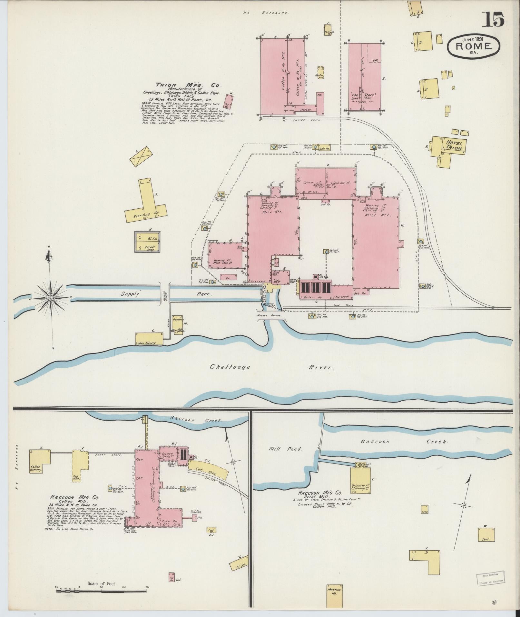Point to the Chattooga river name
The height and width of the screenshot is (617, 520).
point(230,367)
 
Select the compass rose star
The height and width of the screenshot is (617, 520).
point(50,298)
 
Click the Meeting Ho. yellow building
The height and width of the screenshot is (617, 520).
point(334,592)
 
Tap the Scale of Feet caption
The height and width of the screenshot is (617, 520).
point(102,583)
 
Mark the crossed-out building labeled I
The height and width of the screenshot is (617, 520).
point(141,156)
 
